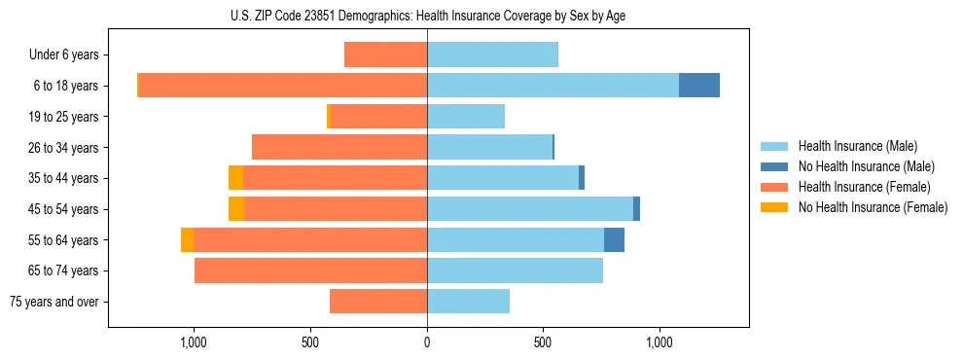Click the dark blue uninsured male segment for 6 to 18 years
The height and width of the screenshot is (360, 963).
tap(699, 86)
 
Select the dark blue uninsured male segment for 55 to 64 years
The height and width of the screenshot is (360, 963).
tap(614, 239)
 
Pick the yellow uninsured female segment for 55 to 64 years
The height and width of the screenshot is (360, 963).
tap(188, 239)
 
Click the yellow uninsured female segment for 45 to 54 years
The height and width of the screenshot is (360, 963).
tap(236, 209)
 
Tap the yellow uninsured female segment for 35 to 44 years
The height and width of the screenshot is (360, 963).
tap(236, 178)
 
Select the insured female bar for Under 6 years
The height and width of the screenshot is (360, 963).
tap(386, 54)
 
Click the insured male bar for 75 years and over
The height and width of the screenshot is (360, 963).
tap(468, 302)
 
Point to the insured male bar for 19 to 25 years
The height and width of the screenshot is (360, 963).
tap(466, 117)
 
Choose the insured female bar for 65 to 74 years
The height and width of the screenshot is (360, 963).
tap(311, 270)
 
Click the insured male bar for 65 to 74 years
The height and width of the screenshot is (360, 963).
tap(515, 270)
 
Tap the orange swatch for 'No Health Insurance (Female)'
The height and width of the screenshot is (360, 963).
tap(774, 207)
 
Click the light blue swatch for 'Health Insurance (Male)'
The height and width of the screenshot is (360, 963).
tap(774, 146)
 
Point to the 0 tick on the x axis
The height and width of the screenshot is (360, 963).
tap(427, 342)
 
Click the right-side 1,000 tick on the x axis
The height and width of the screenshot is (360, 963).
tap(660, 342)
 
